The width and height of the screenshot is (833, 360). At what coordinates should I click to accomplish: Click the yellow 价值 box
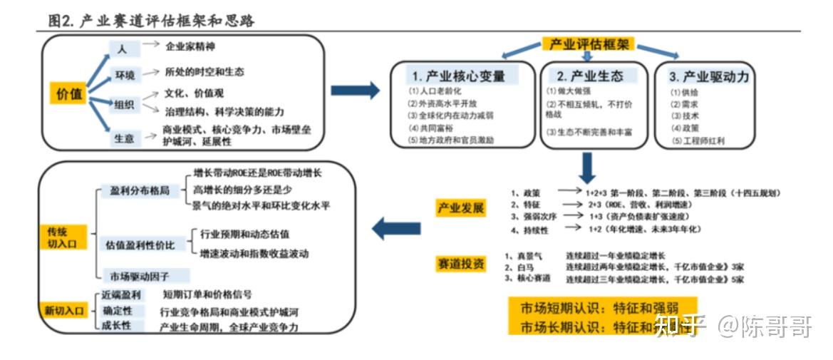(69, 93)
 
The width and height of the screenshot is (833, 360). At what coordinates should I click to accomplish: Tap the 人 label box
(122, 48)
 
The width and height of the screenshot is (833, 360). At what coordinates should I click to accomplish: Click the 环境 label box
(125, 74)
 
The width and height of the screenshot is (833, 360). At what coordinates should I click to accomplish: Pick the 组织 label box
(124, 104)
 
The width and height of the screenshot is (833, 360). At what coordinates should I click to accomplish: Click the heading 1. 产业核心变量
(463, 76)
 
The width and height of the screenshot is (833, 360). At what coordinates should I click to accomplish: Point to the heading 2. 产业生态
(589, 76)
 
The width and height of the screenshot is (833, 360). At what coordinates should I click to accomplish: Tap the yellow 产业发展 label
(460, 208)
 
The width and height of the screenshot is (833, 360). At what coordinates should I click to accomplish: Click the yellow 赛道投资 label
(460, 264)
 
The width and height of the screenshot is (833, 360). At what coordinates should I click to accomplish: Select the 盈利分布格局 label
(140, 191)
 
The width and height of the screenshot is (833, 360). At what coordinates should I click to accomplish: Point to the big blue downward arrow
(587, 168)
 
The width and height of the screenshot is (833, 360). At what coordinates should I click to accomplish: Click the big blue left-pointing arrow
(396, 229)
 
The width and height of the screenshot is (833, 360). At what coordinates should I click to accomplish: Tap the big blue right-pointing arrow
(356, 91)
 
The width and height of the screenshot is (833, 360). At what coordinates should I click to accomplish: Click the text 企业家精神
(190, 46)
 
